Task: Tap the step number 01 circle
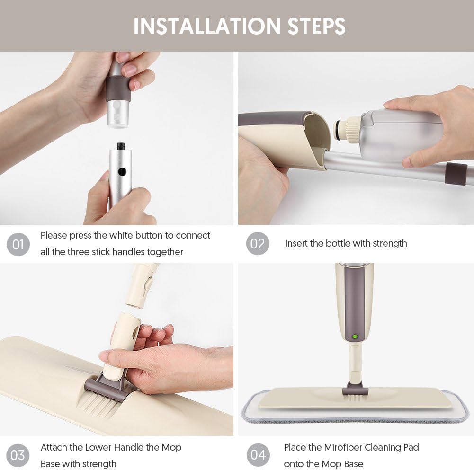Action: click(x=18, y=244)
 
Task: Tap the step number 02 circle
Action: click(x=258, y=244)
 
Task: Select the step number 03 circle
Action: click(x=18, y=455)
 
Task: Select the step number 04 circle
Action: click(x=258, y=455)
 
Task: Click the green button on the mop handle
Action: click(x=354, y=337)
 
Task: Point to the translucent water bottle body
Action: click(x=398, y=135)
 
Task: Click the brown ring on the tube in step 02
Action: click(x=456, y=174)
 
